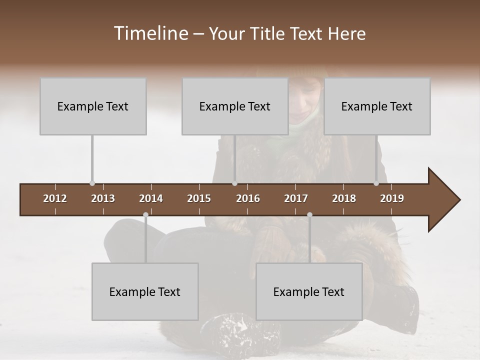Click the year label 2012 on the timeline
tap(55, 198)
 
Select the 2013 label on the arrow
tap(103, 198)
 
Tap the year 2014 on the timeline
tap(151, 198)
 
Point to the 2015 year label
tap(199, 198)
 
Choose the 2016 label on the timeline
tap(248, 198)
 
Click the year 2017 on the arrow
tap(296, 198)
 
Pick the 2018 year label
tap(344, 198)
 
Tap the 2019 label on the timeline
tap(392, 198)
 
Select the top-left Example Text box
tap(93, 106)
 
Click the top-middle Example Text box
tap(235, 106)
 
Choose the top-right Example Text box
tap(377, 106)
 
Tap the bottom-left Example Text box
tap(145, 291)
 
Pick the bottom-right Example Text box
tap(309, 291)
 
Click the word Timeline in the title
tap(150, 33)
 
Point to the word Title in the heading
tap(269, 34)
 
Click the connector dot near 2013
tap(92, 183)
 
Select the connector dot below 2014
tap(145, 215)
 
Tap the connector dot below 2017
tap(309, 215)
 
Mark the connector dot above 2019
tap(376, 183)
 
